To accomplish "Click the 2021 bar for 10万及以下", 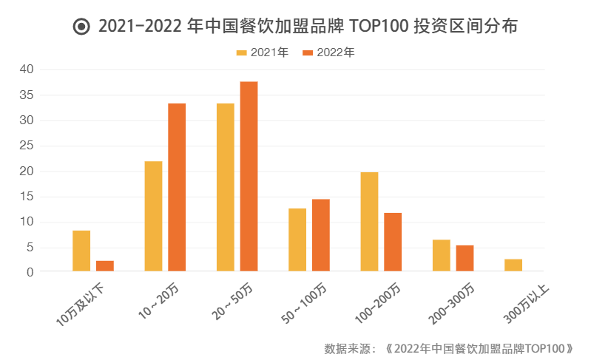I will (x=81, y=251).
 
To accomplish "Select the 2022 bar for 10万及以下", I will (x=105, y=266).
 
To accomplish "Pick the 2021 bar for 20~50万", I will (x=226, y=187).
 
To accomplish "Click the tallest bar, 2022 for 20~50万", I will (x=249, y=177).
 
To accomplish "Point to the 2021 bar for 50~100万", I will (x=297, y=240).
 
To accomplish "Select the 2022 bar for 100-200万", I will (x=393, y=242).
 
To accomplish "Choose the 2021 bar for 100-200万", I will (x=369, y=222).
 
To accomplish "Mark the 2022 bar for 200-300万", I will (x=465, y=258).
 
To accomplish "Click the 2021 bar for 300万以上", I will (x=513, y=265).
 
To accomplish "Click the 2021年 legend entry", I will (x=263, y=52).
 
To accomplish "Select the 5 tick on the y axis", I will (x=30, y=248).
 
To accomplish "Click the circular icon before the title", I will (x=81, y=27).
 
